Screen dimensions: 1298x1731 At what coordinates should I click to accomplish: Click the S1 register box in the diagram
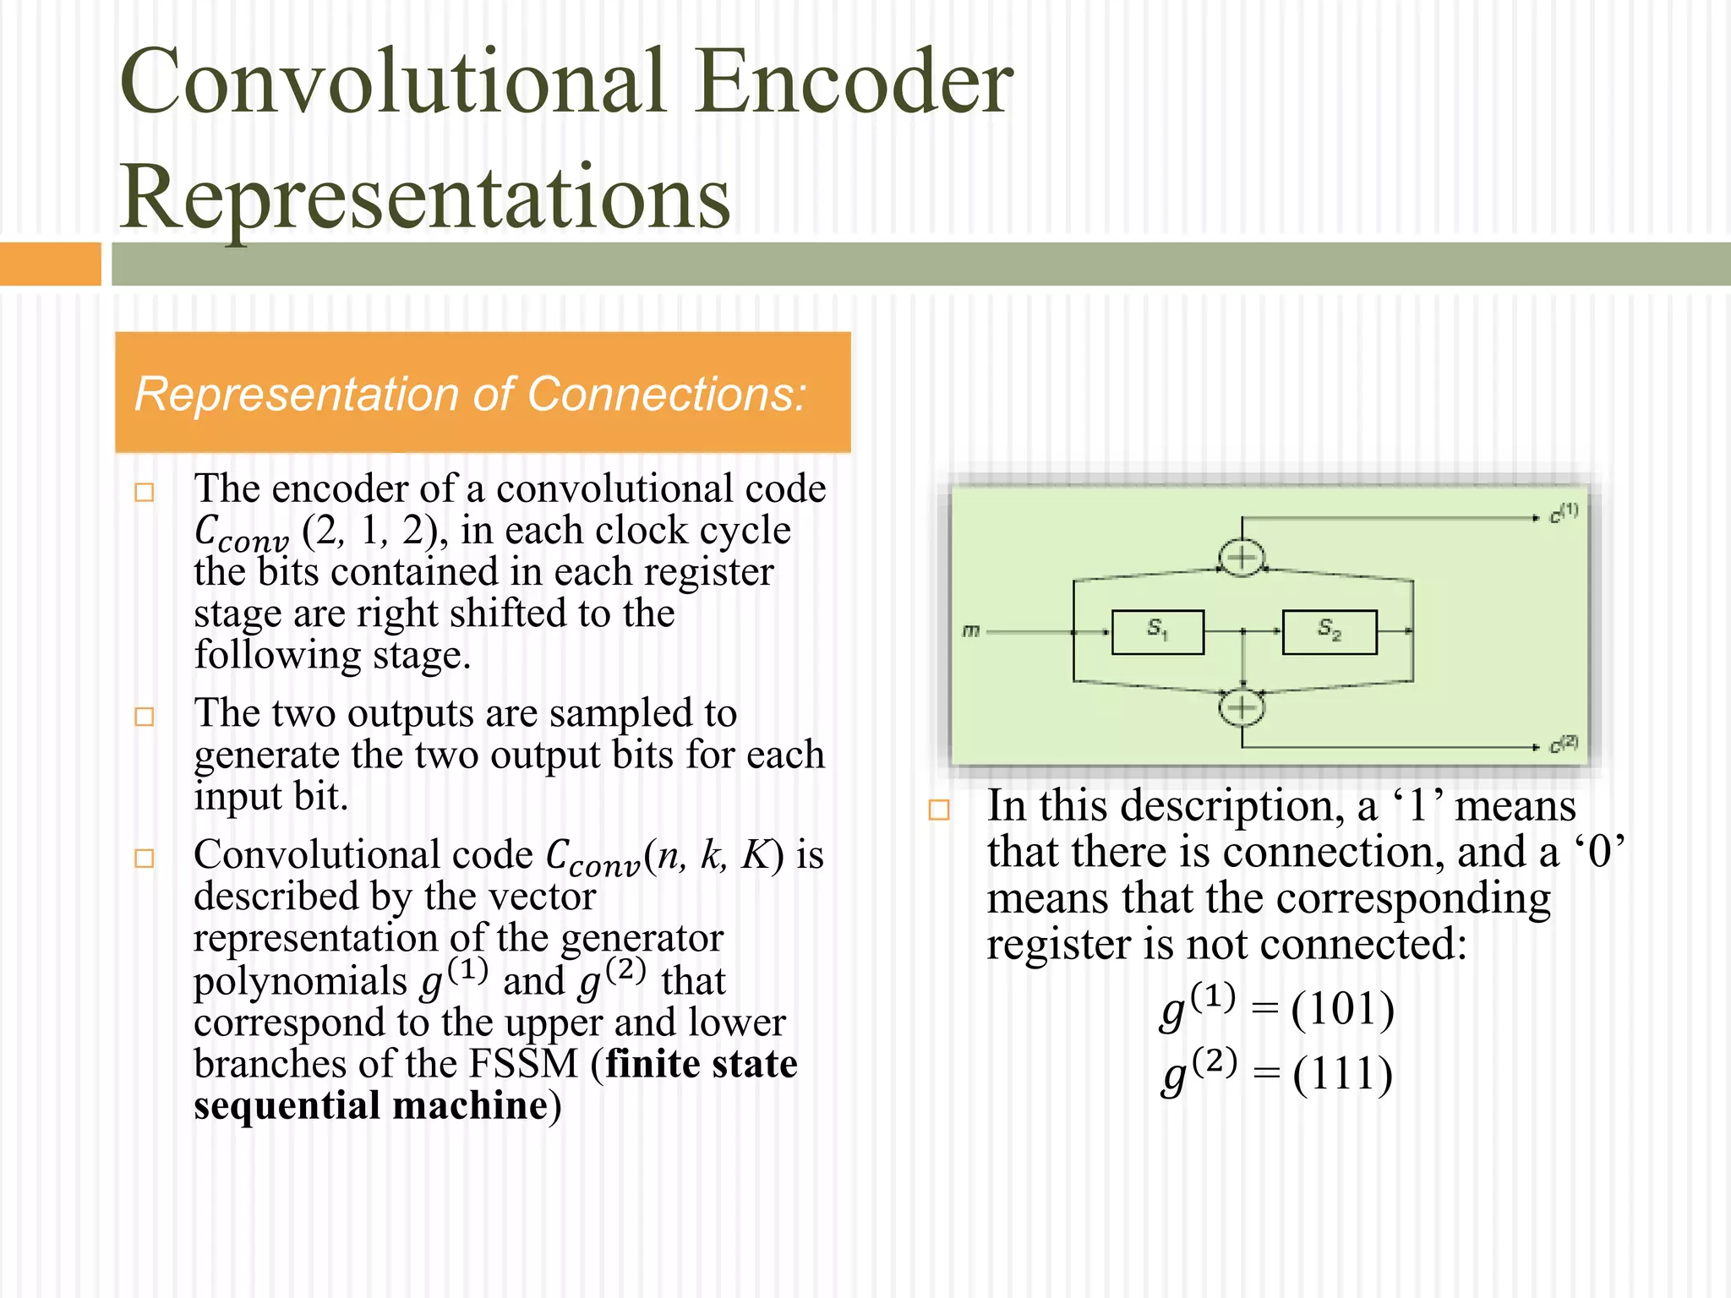click(1157, 632)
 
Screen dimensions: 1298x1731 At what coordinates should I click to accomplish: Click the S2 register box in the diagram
click(1329, 632)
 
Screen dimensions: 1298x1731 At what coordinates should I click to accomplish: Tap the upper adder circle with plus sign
click(1241, 558)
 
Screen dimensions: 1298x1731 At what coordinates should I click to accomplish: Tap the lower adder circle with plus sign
click(1241, 707)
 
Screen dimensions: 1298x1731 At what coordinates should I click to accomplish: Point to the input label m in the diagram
click(971, 630)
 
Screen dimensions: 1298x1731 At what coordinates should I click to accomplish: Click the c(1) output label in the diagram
click(1563, 513)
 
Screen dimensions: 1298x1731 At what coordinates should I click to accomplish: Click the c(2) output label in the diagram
click(1563, 744)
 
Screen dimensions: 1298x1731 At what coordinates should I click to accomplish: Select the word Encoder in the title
click(855, 81)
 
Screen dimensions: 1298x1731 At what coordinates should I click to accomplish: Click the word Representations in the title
click(425, 196)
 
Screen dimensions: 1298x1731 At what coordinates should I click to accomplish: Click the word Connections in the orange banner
click(666, 394)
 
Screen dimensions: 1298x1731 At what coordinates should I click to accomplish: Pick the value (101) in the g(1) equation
click(1342, 1008)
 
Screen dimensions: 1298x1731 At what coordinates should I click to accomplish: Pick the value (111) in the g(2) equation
click(1342, 1074)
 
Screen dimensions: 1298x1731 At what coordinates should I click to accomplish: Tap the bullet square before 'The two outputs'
click(145, 717)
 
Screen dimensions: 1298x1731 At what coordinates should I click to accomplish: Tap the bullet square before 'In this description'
click(938, 810)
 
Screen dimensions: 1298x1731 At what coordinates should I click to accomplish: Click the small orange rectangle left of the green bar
click(50, 264)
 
